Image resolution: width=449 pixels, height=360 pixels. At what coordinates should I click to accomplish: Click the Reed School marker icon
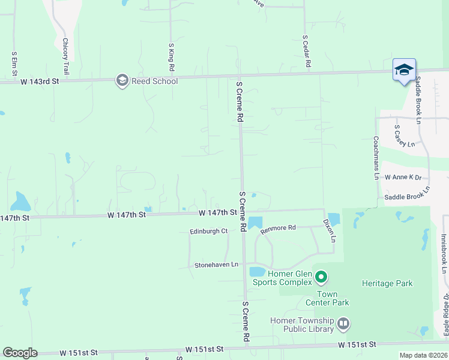pyautogui.click(x=122, y=81)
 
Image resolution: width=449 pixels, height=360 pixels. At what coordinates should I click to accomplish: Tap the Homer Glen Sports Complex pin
pyautogui.click(x=321, y=277)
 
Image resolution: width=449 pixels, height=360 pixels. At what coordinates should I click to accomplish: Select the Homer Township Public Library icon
pyautogui.click(x=343, y=325)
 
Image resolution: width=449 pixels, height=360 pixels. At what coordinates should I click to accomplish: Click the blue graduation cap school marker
pyautogui.click(x=404, y=70)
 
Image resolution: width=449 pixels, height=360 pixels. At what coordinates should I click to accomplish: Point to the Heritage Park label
pyautogui.click(x=387, y=283)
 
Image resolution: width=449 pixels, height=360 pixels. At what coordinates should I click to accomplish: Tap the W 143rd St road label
pyautogui.click(x=40, y=81)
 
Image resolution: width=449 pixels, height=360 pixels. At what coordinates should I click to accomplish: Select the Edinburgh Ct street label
pyautogui.click(x=208, y=231)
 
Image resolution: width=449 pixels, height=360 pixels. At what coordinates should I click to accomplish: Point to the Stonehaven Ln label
pyautogui.click(x=216, y=265)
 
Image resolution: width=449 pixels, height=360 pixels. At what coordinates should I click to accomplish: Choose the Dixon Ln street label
pyautogui.click(x=331, y=230)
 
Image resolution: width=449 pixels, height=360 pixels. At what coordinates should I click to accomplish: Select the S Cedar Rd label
pyautogui.click(x=306, y=50)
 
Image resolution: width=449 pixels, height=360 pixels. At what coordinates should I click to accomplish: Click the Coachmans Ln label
pyautogui.click(x=376, y=158)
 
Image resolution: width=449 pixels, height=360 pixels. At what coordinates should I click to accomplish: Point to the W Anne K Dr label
pyautogui.click(x=403, y=178)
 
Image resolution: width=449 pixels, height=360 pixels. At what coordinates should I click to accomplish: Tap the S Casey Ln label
pyautogui.click(x=404, y=136)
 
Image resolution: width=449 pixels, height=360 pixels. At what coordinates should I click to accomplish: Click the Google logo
pyautogui.click(x=20, y=353)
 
